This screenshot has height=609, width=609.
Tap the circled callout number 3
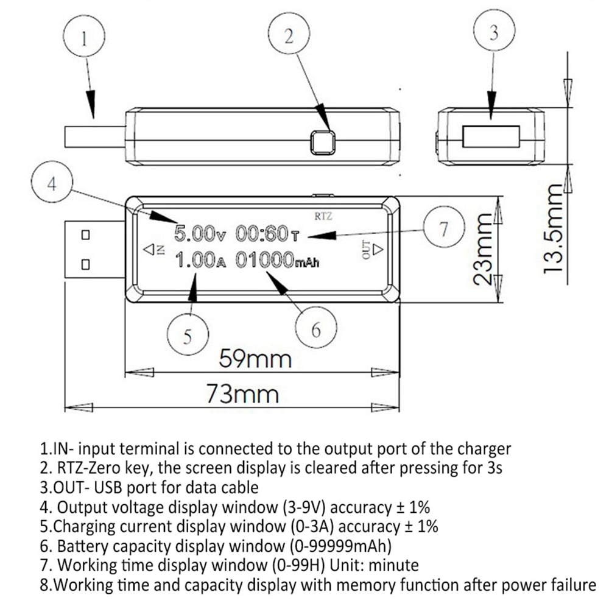click(493, 33)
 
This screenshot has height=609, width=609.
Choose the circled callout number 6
click(315, 329)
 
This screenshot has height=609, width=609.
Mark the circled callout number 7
click(443, 229)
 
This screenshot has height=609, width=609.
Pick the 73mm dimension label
click(242, 393)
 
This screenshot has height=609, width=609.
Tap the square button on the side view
click(322, 143)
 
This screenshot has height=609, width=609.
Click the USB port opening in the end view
click(491, 136)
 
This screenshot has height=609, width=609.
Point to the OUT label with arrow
click(371, 249)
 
